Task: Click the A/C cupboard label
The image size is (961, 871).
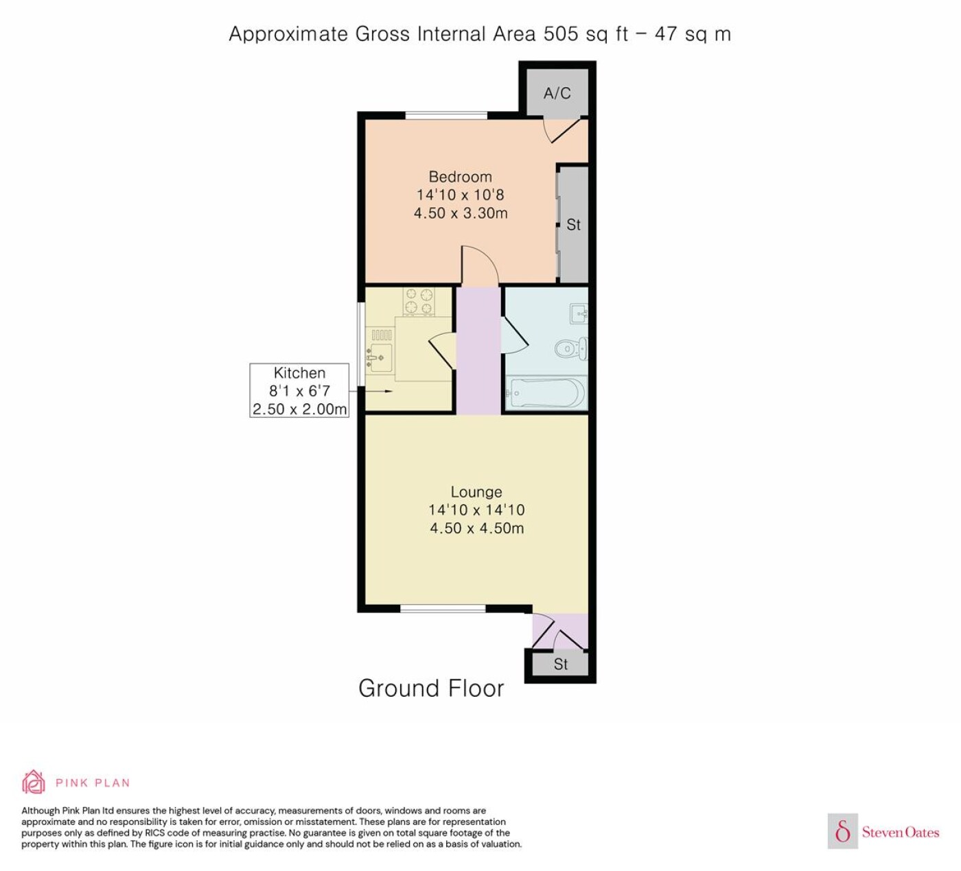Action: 557,93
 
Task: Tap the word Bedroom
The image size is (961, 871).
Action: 460,177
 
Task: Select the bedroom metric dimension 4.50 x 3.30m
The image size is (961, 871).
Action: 461,213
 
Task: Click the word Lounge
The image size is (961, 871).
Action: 476,492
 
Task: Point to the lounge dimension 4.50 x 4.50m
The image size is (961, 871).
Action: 476,528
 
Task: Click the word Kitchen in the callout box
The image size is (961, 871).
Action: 299,372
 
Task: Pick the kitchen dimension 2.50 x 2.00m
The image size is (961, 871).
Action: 299,409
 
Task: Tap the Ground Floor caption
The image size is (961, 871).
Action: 431,688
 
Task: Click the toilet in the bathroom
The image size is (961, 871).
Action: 571,348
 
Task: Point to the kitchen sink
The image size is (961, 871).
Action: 379,357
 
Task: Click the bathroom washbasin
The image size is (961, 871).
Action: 579,313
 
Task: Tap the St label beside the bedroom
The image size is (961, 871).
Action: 573,224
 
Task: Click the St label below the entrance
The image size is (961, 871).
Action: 561,664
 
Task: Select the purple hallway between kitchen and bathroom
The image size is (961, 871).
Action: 478,350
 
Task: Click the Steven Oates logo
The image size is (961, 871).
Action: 883,832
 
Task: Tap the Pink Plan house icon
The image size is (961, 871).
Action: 34,783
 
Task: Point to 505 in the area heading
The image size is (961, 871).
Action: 561,34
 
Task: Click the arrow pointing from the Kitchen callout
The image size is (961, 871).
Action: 371,391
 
